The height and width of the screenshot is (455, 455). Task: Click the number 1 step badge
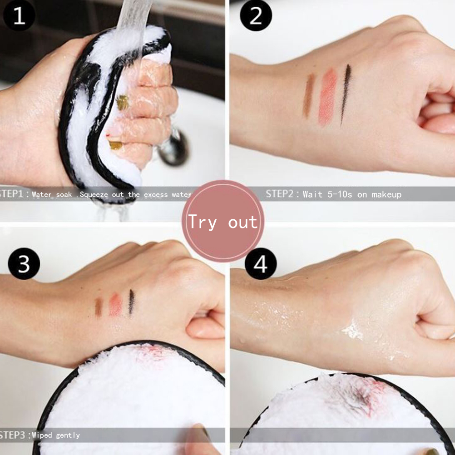pos(19,16)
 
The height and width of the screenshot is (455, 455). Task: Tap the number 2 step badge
pos(256,16)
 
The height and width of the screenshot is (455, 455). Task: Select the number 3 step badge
pos(24,263)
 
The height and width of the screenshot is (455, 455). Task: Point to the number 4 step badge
pos(260,263)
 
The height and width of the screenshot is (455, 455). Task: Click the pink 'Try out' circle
pos(223,221)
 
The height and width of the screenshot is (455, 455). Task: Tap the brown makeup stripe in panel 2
pos(308,96)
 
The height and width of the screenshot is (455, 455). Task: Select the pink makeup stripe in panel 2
pos(327,96)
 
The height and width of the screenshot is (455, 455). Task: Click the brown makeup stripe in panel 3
pos(99,307)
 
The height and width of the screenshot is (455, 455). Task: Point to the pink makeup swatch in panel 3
pos(115,305)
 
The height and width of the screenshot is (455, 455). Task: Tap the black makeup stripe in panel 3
pos(131,302)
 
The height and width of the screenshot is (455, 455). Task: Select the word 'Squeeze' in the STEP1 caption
pos(94,195)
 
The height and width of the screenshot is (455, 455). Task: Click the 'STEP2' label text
pos(280,194)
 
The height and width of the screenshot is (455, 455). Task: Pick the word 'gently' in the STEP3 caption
pos(68,435)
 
